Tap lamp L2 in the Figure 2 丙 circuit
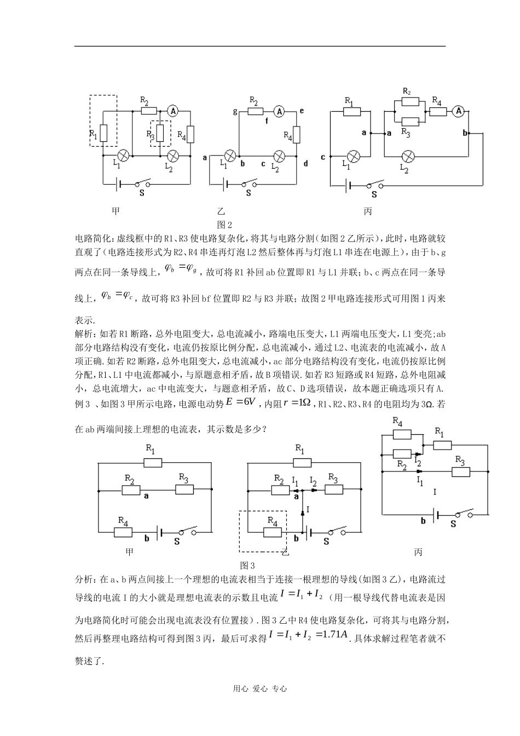point(406,156)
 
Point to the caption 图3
point(248,565)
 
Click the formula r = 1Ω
point(297,403)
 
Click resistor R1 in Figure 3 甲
point(153,463)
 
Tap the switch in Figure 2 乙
point(250,183)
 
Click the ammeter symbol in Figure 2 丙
point(457,111)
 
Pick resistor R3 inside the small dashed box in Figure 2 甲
point(160,133)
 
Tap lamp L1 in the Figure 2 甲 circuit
point(124,156)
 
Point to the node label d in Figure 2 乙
point(306,164)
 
